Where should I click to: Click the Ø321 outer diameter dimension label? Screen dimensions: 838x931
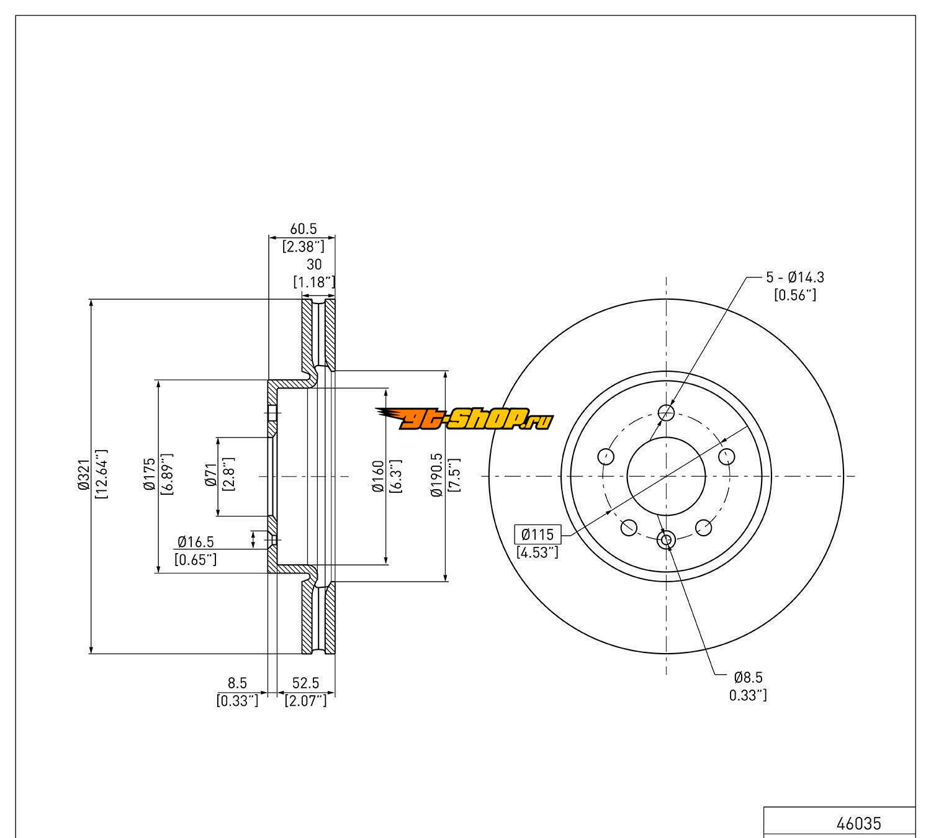tap(84, 477)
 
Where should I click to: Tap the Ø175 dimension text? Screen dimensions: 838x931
tap(150, 477)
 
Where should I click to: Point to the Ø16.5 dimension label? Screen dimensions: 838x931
tap(196, 542)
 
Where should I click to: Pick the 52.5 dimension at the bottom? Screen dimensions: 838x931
tap(305, 683)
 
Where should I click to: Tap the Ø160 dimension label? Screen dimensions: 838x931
tap(377, 477)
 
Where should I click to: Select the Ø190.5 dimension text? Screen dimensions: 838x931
tap(437, 477)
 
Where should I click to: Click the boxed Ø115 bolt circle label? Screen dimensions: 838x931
tap(537, 534)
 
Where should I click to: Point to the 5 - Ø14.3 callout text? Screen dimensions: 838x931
tap(795, 277)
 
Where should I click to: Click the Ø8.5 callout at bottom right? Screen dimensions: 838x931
tap(748, 677)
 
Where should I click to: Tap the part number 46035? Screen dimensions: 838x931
tap(858, 823)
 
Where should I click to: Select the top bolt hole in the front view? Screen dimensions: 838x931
tap(666, 412)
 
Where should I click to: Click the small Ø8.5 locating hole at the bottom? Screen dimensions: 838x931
tap(666, 540)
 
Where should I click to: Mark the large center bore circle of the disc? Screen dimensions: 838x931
tap(666, 476)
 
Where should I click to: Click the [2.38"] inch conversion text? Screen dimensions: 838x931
tap(304, 246)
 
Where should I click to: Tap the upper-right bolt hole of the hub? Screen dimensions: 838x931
tap(727, 456)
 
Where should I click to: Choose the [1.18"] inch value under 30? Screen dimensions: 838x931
tap(314, 282)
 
